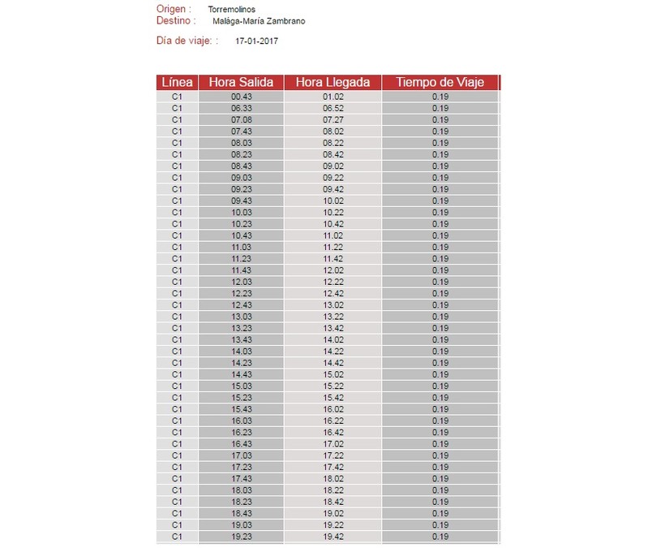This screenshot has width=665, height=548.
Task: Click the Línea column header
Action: (177, 82)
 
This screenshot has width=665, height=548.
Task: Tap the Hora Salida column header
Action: (241, 82)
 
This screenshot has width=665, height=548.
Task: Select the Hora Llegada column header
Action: (332, 82)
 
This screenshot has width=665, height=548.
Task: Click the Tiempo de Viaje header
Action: (440, 82)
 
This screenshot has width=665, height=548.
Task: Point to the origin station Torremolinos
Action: (231, 9)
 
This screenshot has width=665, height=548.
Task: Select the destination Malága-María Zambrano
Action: (259, 21)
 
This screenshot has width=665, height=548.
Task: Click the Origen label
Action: (174, 9)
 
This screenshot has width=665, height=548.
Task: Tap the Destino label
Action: (177, 21)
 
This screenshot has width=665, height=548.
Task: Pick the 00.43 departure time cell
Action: (241, 97)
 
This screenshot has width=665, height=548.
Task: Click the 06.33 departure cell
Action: (241, 108)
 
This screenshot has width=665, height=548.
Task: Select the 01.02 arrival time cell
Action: (332, 97)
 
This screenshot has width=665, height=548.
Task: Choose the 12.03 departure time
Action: (241, 282)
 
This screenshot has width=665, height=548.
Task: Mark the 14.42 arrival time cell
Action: (332, 363)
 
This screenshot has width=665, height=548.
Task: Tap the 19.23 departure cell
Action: (241, 537)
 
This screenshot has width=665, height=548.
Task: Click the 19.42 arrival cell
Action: (332, 537)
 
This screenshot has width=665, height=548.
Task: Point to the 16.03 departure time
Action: (241, 421)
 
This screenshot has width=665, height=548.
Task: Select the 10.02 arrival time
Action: (332, 201)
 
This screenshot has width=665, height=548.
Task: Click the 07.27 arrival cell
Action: (332, 119)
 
